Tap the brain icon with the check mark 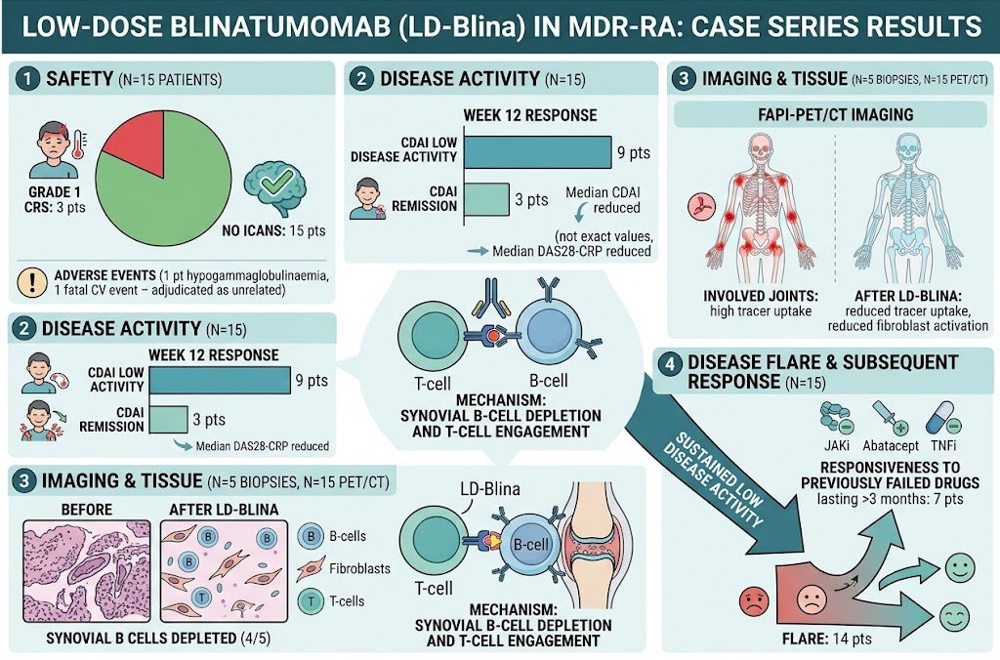pos(274,187)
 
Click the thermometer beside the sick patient pos(79,144)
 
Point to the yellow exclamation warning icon pos(32,282)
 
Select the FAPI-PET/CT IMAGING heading pos(836,115)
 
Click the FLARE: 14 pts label pos(826,639)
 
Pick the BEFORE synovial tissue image pos(87,571)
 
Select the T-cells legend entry pos(332,600)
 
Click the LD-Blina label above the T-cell pos(490,489)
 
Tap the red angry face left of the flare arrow pos(753,601)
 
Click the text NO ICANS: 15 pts pos(273,230)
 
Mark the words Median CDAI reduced pos(604,200)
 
